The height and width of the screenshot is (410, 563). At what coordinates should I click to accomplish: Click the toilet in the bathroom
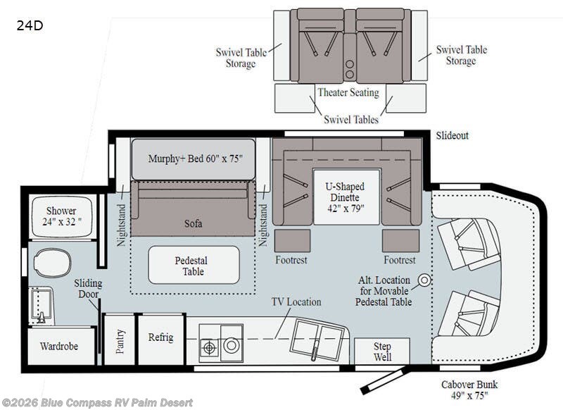52,263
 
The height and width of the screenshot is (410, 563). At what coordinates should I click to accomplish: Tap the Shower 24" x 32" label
61,216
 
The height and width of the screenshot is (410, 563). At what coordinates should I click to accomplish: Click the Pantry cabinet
119,340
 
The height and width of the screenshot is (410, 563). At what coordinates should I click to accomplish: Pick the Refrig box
160,338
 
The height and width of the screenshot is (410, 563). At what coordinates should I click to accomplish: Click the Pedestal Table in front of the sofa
194,265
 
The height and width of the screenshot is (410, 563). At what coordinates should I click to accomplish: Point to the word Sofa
193,223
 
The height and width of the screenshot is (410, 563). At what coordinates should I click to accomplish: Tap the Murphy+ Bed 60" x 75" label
196,159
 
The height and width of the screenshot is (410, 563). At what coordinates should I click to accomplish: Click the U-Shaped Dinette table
346,197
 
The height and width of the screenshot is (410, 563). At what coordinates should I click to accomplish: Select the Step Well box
382,351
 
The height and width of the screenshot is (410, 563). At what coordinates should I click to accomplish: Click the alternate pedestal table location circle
425,280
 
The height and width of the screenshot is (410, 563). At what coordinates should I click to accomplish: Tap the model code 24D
30,25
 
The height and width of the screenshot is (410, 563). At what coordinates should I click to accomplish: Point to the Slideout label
452,135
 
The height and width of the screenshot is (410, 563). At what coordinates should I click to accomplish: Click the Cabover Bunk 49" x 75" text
469,390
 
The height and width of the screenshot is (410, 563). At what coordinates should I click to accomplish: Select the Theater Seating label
348,92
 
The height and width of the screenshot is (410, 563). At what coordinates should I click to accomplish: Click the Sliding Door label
89,289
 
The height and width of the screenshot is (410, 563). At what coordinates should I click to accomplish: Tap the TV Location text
296,302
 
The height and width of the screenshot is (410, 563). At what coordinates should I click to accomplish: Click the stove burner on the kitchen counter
209,347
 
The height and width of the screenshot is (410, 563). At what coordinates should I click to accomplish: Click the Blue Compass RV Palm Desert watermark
97,402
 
